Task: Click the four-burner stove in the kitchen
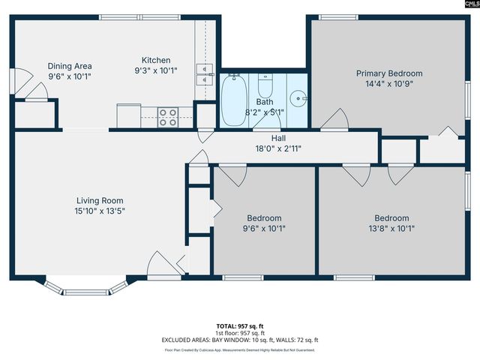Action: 167,117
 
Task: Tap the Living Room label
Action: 99,200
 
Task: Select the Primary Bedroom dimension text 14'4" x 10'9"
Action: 389,84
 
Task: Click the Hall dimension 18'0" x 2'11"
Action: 278,148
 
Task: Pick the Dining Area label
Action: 69,66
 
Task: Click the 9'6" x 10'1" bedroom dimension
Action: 265,229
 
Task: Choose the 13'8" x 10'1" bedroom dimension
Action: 391,229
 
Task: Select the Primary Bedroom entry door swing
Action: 334,119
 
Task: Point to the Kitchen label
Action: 157,60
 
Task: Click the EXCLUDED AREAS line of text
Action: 240,340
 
